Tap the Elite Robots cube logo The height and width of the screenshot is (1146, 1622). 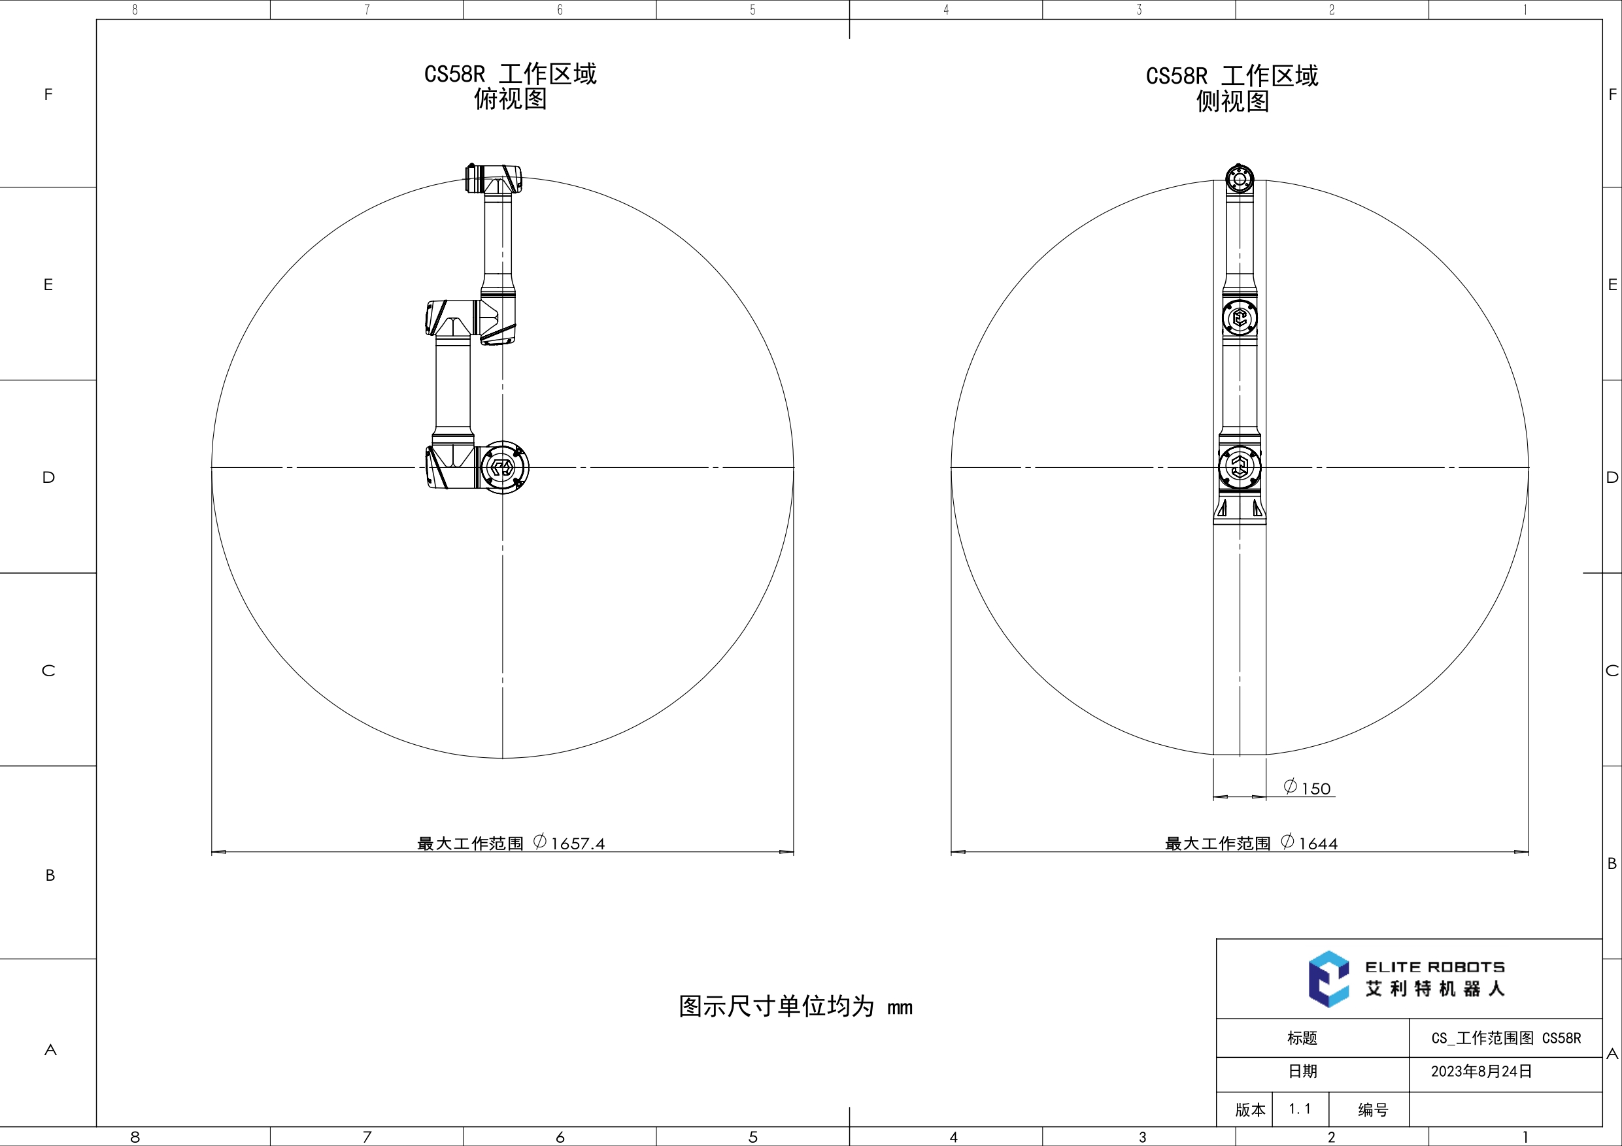tap(1328, 979)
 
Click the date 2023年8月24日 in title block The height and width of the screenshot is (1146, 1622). tap(1481, 1071)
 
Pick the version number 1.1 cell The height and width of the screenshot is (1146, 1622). tap(1299, 1109)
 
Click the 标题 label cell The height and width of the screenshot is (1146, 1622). tap(1302, 1038)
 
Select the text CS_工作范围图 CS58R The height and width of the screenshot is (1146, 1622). tap(1506, 1038)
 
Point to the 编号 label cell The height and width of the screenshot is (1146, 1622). tap(1373, 1110)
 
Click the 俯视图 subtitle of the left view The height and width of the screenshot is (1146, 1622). tap(510, 99)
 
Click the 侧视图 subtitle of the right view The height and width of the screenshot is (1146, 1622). tap(1232, 102)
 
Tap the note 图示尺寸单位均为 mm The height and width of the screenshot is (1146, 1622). tap(796, 1007)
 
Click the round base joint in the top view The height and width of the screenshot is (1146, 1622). tap(503, 467)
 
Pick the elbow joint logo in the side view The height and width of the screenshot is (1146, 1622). tap(1240, 318)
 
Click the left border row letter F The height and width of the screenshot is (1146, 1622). tap(48, 95)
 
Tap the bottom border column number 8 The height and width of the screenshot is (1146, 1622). tap(135, 1137)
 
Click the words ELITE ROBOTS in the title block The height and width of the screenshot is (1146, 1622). tap(1434, 966)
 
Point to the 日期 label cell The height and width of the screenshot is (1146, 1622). tap(1302, 1071)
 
